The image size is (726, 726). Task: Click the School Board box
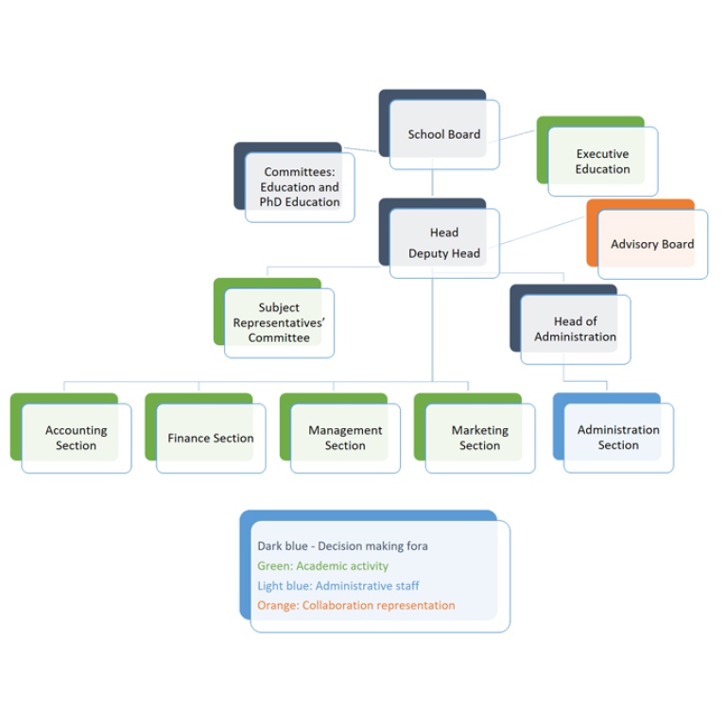[440, 130]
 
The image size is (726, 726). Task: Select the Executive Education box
[597, 156]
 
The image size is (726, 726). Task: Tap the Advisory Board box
[648, 239]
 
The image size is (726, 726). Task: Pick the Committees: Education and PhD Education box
[295, 182]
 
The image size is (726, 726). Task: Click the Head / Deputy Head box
[440, 238]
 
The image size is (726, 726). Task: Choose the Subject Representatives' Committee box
[274, 318]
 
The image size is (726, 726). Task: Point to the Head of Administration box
[570, 324]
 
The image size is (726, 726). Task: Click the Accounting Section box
[71, 433]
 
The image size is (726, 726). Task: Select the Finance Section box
[205, 433]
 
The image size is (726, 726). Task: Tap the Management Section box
[340, 433]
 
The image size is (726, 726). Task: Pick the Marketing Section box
[475, 433]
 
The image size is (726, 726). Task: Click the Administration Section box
[614, 433]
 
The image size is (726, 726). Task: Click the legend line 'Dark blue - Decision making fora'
[342, 545]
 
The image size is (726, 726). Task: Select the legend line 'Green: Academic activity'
[322, 566]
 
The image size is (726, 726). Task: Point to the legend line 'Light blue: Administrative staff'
[338, 586]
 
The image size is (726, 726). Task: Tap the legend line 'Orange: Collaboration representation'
[356, 605]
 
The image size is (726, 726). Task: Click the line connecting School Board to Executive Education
[517, 135]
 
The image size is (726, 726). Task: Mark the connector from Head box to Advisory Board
[543, 230]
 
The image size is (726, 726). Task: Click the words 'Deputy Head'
[444, 253]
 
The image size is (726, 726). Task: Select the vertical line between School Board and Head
[432, 183]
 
